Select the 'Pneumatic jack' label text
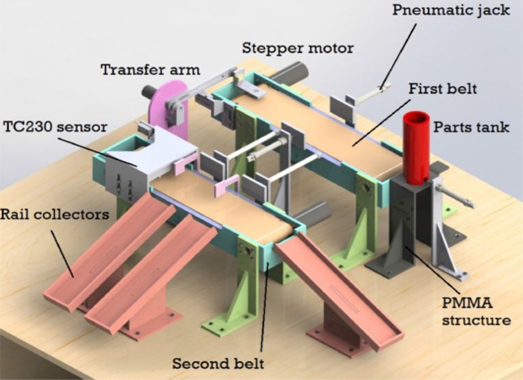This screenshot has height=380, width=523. (x=451, y=10)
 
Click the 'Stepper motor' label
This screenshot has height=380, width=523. (x=298, y=47)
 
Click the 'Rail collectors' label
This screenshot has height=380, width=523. (x=55, y=214)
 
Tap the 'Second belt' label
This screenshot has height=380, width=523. (x=218, y=363)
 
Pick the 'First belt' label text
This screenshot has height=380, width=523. (x=442, y=88)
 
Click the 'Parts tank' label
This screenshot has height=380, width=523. (x=478, y=128)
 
